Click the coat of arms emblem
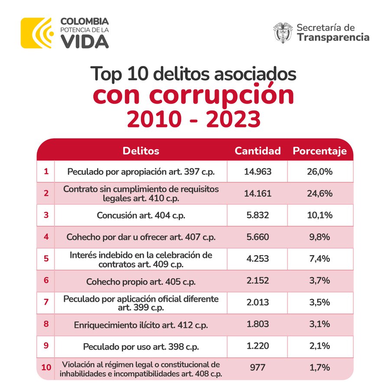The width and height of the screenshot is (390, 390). (283, 33)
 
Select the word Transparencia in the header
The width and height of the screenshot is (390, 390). (333, 38)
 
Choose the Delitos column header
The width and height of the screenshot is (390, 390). (141, 151)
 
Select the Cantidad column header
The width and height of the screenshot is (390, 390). (257, 151)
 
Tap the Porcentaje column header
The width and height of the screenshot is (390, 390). (320, 151)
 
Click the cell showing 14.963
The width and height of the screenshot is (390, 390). (257, 171)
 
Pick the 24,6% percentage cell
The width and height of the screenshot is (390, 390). (320, 193)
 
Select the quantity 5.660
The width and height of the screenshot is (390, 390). (257, 237)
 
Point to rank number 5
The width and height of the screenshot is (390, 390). (46, 259)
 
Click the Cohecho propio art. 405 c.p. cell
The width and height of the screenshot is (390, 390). (141, 281)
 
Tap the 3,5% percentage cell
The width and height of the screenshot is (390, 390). (320, 302)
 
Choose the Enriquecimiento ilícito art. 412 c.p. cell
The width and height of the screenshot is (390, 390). (141, 324)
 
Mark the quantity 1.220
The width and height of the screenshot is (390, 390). (257, 346)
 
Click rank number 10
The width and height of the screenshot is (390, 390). (46, 368)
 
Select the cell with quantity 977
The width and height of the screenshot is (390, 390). (257, 368)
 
